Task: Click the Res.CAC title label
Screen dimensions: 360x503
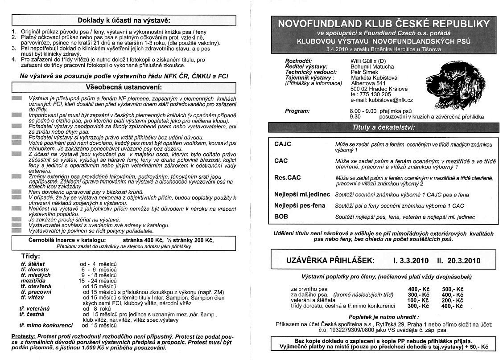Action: [288, 177]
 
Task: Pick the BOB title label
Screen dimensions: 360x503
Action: [281, 217]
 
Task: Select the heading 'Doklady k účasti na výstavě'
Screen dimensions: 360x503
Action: [124, 20]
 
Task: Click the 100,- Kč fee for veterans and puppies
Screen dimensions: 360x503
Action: [418, 300]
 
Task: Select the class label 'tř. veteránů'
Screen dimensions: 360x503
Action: [34, 308]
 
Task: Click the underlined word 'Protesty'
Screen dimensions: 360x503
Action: [23, 335]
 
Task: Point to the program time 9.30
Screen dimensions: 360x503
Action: [356, 116]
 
